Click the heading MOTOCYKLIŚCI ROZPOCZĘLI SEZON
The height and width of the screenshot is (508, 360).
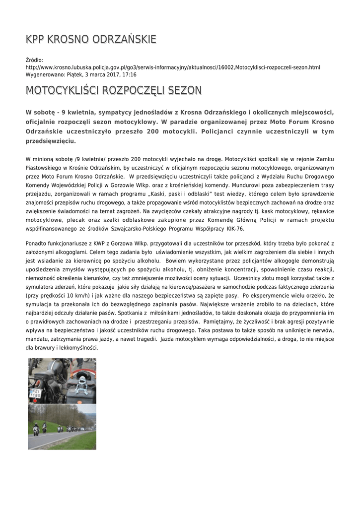(107, 90)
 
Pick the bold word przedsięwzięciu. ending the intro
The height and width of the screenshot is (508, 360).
(51, 141)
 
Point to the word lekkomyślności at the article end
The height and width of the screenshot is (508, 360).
(75, 348)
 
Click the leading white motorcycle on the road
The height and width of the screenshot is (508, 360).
(35, 429)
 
